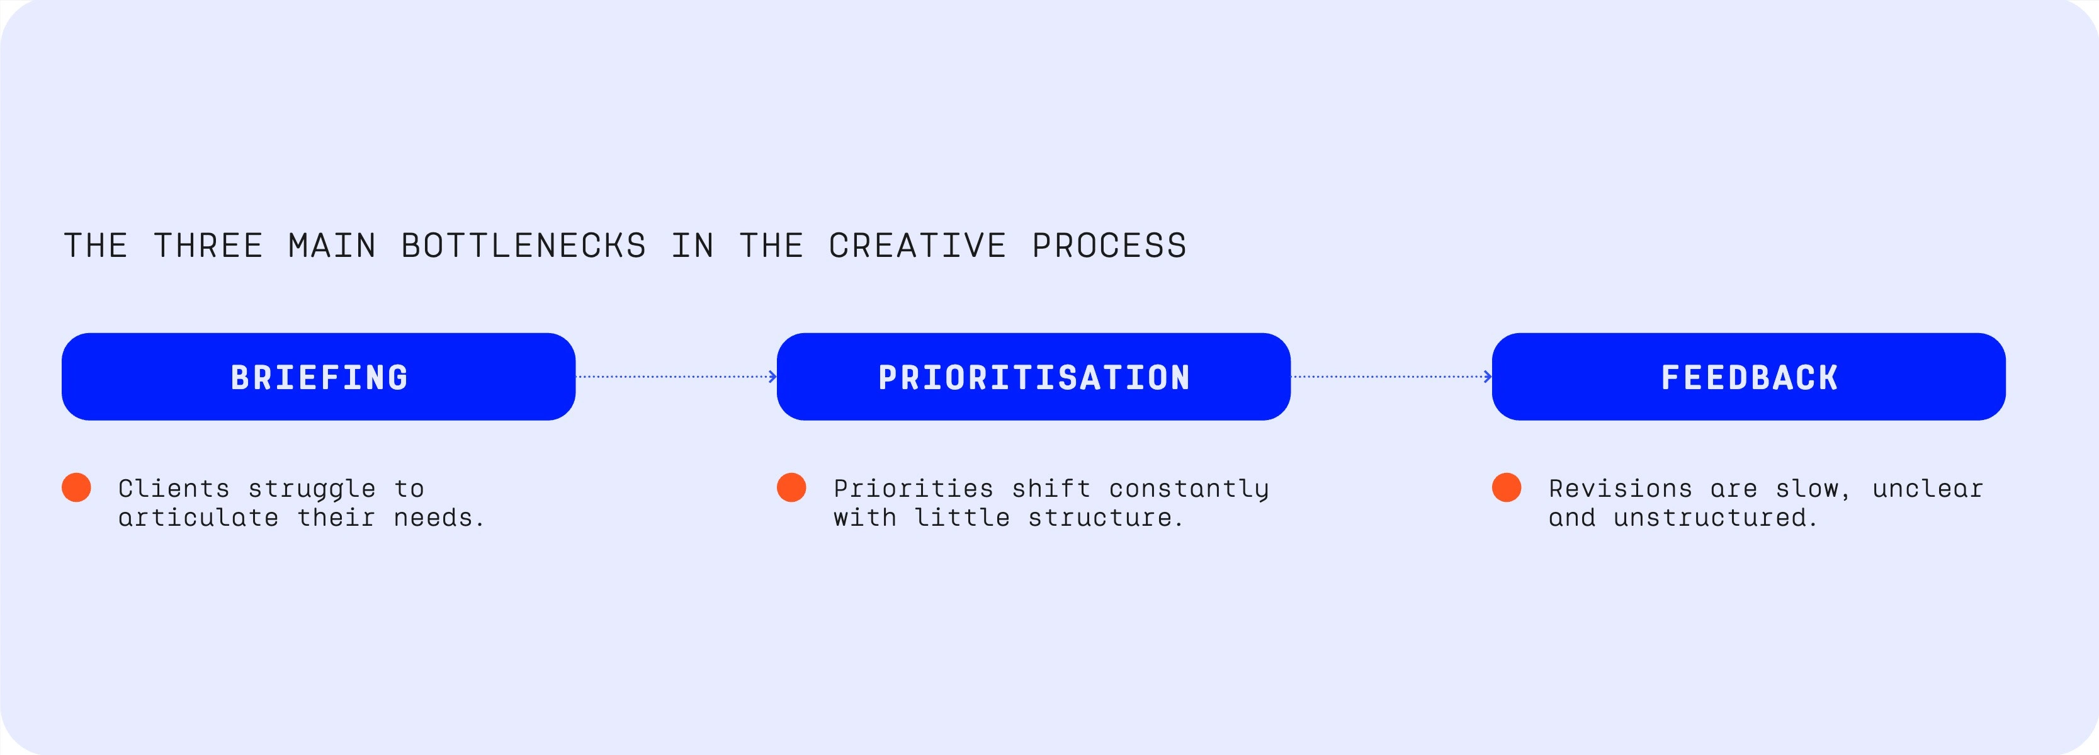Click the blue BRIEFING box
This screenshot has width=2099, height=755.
[318, 377]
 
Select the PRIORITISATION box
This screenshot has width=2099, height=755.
[1033, 377]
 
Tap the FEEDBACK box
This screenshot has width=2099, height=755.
[1748, 377]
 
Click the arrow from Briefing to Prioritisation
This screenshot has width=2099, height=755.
[676, 377]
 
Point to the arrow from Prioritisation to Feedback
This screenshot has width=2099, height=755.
[1391, 377]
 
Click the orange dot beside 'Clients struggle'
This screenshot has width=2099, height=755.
[77, 487]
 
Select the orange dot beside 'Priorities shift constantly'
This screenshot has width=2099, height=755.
[791, 487]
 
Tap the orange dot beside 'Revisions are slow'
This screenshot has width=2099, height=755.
[1507, 487]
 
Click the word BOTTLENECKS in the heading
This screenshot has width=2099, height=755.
[524, 246]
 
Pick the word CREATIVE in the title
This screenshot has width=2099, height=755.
[917, 246]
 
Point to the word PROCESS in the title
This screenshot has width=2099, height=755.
[1109, 246]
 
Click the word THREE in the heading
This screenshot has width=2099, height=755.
[208, 246]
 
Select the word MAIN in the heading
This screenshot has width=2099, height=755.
[332, 246]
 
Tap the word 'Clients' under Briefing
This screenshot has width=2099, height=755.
[174, 489]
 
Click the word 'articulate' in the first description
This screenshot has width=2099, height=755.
[199, 518]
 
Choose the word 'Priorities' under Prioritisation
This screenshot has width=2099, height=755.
[914, 489]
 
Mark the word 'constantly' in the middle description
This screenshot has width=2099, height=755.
[1189, 489]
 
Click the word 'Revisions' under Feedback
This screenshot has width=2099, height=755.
[1621, 489]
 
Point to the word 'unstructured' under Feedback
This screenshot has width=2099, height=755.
[1714, 518]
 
